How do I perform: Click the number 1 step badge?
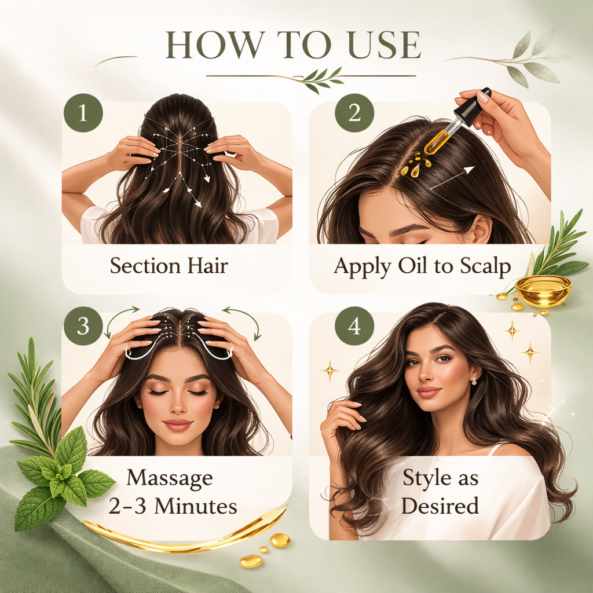(83, 112)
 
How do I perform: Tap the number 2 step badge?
(354, 112)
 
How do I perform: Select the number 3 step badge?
(83, 326)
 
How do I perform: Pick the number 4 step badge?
(354, 326)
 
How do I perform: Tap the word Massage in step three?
(170, 478)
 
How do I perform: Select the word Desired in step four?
(440, 506)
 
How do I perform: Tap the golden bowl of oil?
(543, 290)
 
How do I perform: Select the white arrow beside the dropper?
(452, 177)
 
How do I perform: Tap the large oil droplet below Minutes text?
(281, 540)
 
